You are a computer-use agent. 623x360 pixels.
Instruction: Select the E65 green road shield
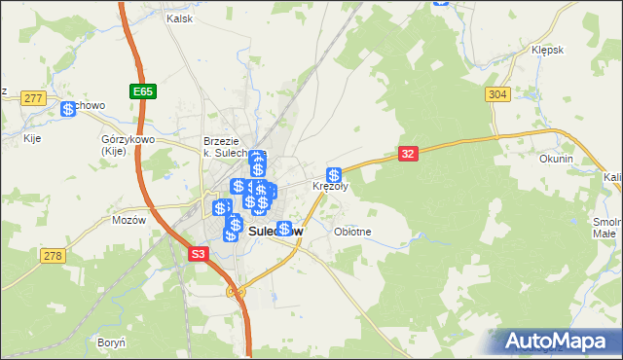[x=142, y=91]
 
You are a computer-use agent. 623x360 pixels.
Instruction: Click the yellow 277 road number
[x=34, y=98]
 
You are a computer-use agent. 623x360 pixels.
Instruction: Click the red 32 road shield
[x=409, y=153]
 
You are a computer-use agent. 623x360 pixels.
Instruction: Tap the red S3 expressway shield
[x=199, y=253]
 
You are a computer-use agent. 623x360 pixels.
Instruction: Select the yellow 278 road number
[x=52, y=255]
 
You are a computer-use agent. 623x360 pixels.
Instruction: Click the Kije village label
[x=31, y=138]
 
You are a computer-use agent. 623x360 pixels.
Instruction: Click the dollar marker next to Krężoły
[x=334, y=175]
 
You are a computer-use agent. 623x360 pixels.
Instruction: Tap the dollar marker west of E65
[x=68, y=109]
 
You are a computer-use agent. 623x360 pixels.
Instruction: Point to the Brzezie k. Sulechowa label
[x=229, y=147]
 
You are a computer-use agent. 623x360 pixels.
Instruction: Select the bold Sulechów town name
[x=275, y=233]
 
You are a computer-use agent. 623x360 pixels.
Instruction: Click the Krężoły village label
[x=330, y=186]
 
